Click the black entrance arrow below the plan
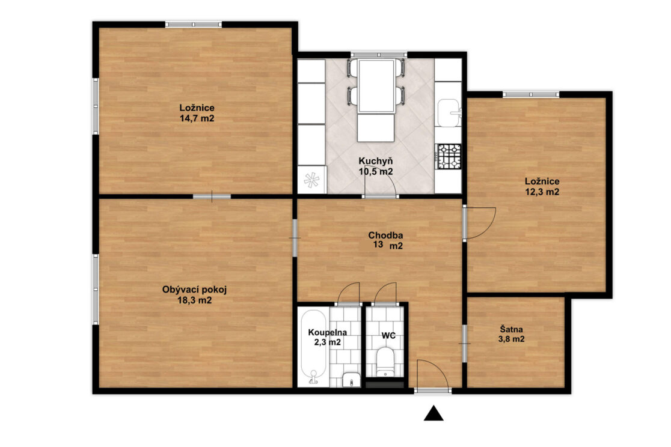click(x=434, y=413)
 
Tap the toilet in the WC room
click(x=385, y=362)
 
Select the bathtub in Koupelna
click(x=314, y=347)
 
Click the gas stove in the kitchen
click(x=449, y=156)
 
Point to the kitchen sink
click(x=449, y=114)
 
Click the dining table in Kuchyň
click(x=376, y=86)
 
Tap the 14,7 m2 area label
click(x=197, y=118)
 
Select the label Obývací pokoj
click(x=194, y=290)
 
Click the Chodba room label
click(x=385, y=236)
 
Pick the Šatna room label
click(x=512, y=330)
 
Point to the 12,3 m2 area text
click(x=542, y=192)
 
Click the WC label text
click(x=388, y=336)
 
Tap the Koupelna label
click(x=327, y=332)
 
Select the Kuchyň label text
click(x=376, y=161)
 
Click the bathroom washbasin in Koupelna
click(x=351, y=380)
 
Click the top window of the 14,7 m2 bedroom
click(x=194, y=25)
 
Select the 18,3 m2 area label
click(x=195, y=300)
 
